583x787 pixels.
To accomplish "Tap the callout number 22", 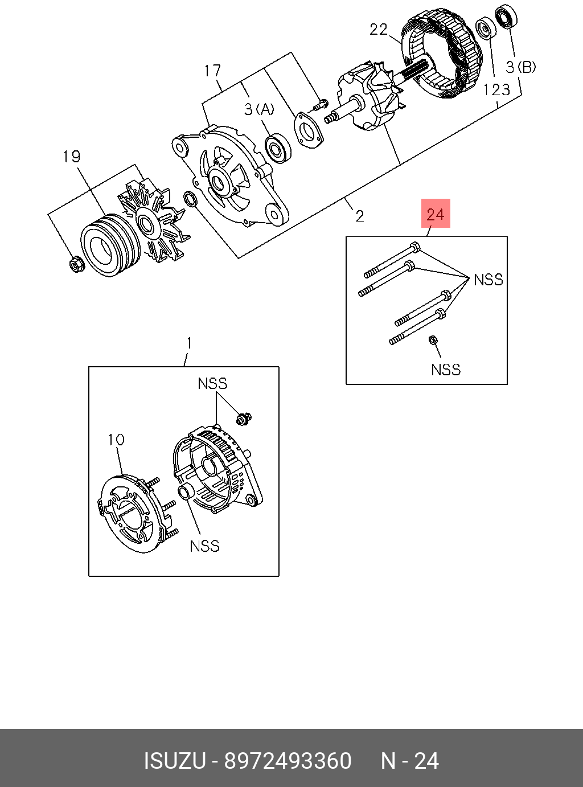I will coord(379,29).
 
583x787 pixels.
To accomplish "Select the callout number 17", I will coord(212,71).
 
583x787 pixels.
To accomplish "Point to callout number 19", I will coord(72,157).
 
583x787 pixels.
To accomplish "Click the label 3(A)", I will coord(259,109).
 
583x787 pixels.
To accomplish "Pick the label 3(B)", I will coord(521,67).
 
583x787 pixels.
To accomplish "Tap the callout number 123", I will coord(496,89).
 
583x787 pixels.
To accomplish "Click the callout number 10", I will coord(116,439).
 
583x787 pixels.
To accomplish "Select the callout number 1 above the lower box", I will coord(189,343).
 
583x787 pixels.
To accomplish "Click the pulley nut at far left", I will coord(75,264).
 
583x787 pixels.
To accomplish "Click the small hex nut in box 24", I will coord(432,341).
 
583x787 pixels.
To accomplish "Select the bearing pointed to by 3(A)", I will coord(278,147).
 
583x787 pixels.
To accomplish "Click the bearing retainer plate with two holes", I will coord(308,132).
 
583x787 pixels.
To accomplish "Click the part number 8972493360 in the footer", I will coord(288,761).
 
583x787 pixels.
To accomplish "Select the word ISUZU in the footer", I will coord(174,761).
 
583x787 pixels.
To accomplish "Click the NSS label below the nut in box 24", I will coord(445,370).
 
